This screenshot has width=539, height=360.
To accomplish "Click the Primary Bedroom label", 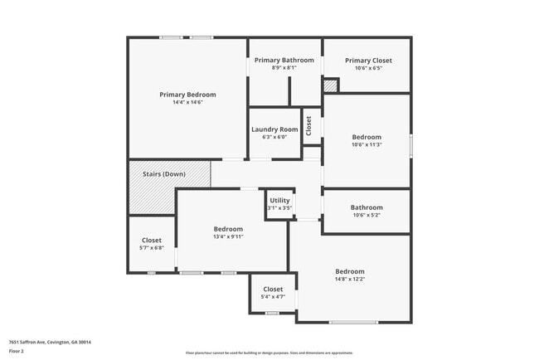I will tap(187, 95).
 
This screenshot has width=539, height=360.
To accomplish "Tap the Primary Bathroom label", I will tap(284, 61).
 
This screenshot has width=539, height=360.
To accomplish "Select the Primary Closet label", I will tap(368, 61).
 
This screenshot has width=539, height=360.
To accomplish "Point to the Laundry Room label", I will tap(274, 129).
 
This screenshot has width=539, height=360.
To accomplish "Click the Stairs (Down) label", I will tap(164, 174).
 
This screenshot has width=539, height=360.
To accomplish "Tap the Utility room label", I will tap(279, 201).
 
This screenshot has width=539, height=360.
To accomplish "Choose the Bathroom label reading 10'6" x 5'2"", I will tap(367, 207).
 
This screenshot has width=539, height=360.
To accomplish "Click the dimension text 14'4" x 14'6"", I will tap(187, 103).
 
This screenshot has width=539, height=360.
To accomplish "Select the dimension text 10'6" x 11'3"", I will tap(367, 145).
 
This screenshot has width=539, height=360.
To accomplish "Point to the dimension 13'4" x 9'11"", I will tap(228, 236).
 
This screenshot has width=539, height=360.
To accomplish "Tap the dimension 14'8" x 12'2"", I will tap(349, 280).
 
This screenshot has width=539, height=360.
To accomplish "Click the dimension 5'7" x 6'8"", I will tap(152, 248).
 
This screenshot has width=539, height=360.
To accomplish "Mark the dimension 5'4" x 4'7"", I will tap(273, 297).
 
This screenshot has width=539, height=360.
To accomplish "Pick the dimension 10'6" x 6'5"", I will tap(368, 68).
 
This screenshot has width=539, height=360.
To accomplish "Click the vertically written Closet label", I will tap(308, 126).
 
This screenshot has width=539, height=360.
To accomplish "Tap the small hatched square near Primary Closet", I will tap(331, 85).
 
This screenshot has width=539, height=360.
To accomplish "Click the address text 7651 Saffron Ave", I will tap(50, 342).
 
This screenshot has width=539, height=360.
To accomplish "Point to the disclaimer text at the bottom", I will tap(269, 353).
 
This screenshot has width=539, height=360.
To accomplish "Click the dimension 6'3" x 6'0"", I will tap(274, 138).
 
